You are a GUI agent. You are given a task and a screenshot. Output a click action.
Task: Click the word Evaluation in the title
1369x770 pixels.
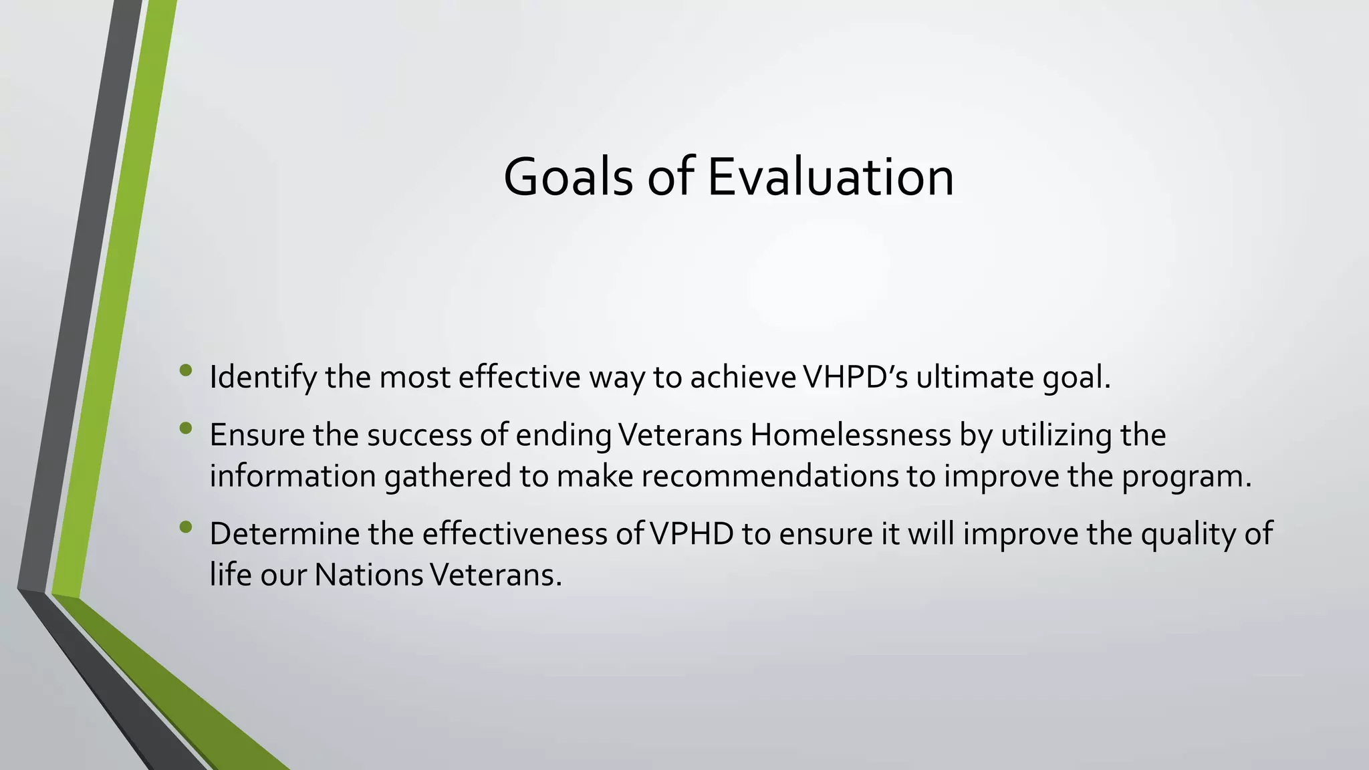point(830,178)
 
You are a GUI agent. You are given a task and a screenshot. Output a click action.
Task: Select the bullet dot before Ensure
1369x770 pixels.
point(186,428)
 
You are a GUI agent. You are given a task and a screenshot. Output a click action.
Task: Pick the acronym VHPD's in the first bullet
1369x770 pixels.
point(855,378)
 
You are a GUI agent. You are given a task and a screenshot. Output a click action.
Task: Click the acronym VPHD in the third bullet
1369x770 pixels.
point(693,534)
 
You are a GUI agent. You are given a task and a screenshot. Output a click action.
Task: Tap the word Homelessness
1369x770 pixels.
point(850,435)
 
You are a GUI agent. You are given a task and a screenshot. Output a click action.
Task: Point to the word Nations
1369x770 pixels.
point(368,575)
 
